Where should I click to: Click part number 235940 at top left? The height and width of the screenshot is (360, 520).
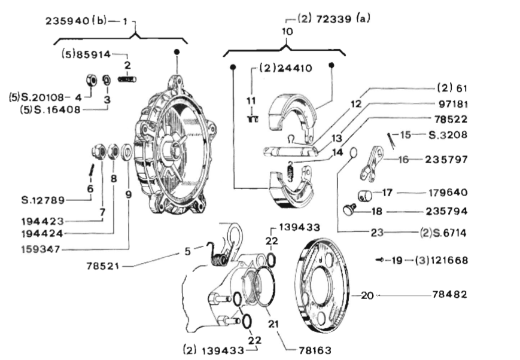point(68,21)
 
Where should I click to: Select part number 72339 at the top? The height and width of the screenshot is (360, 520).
point(333,19)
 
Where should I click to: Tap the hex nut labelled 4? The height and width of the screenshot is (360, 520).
point(91,80)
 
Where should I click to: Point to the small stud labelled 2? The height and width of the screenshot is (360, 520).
point(127,79)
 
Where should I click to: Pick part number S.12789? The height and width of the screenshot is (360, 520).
point(43,200)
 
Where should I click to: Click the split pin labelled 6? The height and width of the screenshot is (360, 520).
point(90,170)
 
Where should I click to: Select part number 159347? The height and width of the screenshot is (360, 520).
point(41,249)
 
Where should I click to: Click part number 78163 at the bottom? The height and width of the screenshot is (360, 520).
point(315,350)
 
